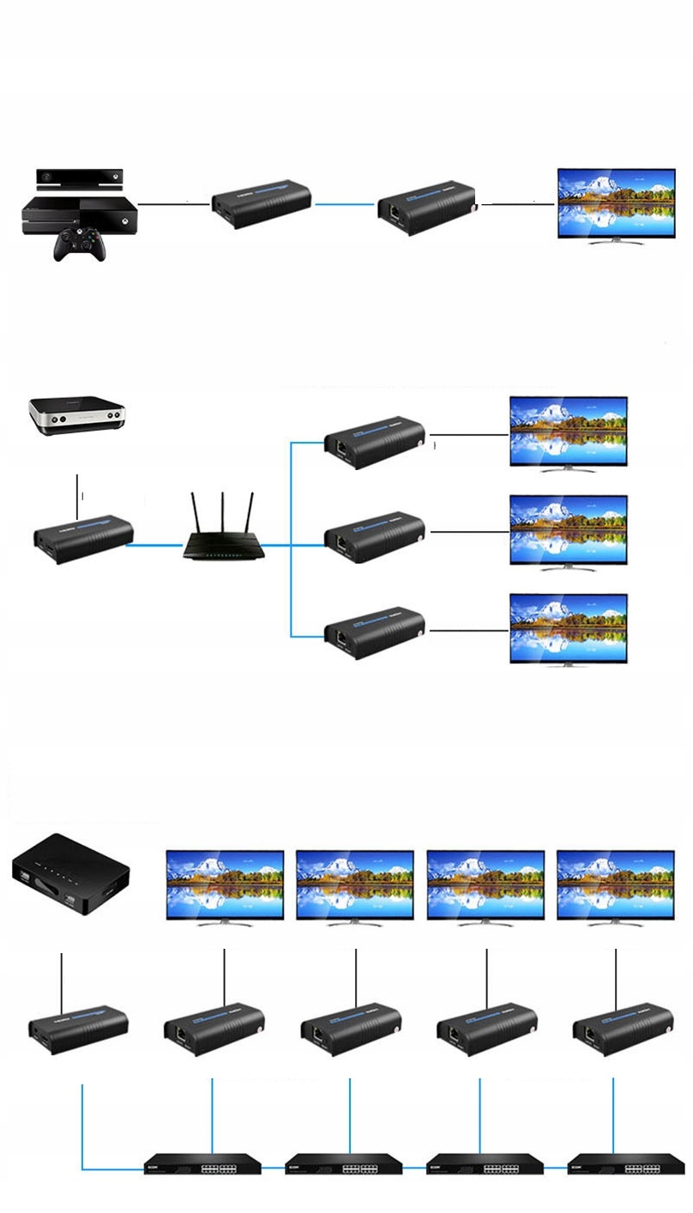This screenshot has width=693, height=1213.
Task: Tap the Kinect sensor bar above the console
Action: [80, 178]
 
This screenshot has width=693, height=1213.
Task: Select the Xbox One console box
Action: [80, 214]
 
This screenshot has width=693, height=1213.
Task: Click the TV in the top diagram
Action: [616, 202]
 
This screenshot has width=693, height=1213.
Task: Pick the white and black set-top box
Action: [77, 415]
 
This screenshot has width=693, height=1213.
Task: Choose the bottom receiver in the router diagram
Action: [374, 633]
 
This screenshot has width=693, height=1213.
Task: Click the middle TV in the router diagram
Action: [569, 530]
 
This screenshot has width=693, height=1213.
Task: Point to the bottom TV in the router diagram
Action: [569, 628]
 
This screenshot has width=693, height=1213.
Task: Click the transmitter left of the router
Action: [82, 539]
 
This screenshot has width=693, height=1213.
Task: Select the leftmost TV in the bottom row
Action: [225, 886]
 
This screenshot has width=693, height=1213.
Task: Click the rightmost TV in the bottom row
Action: [615, 886]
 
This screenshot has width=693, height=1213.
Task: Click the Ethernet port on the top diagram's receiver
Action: [394, 209]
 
